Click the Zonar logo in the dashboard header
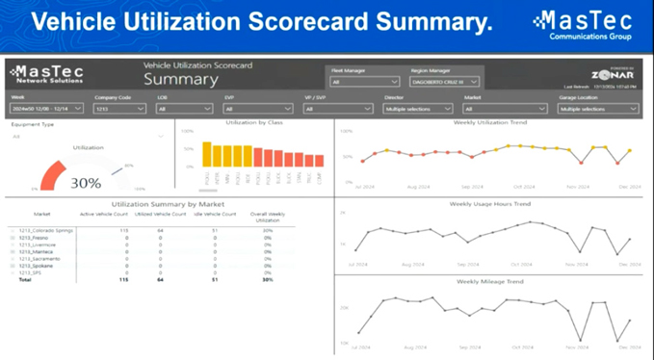[x=613, y=75]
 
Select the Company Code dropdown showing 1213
[x=120, y=109]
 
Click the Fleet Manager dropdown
[x=365, y=82]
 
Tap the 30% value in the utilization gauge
[x=86, y=183]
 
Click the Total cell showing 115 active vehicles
[x=122, y=279]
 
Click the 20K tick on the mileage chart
[x=344, y=307]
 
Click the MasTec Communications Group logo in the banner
[x=583, y=23]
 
